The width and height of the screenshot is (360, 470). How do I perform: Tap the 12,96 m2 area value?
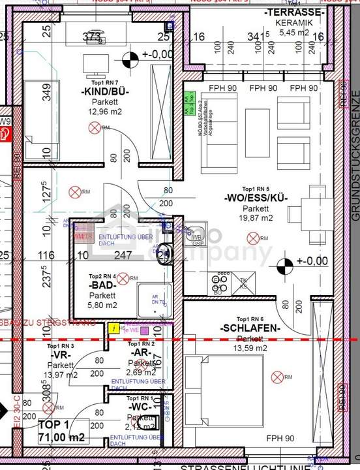click(x=105, y=111)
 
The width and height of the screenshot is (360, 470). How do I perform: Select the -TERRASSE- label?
click(x=293, y=13)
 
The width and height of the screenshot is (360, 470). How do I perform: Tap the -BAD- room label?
click(x=103, y=285)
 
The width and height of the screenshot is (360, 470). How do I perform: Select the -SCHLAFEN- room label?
click(x=249, y=328)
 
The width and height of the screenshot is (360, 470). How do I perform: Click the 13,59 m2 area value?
click(x=249, y=348)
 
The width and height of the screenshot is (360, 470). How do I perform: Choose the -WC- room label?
click(x=141, y=407)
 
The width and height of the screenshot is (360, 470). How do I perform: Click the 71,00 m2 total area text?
click(x=58, y=437)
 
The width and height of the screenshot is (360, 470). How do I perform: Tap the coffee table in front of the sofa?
click(x=257, y=127)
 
